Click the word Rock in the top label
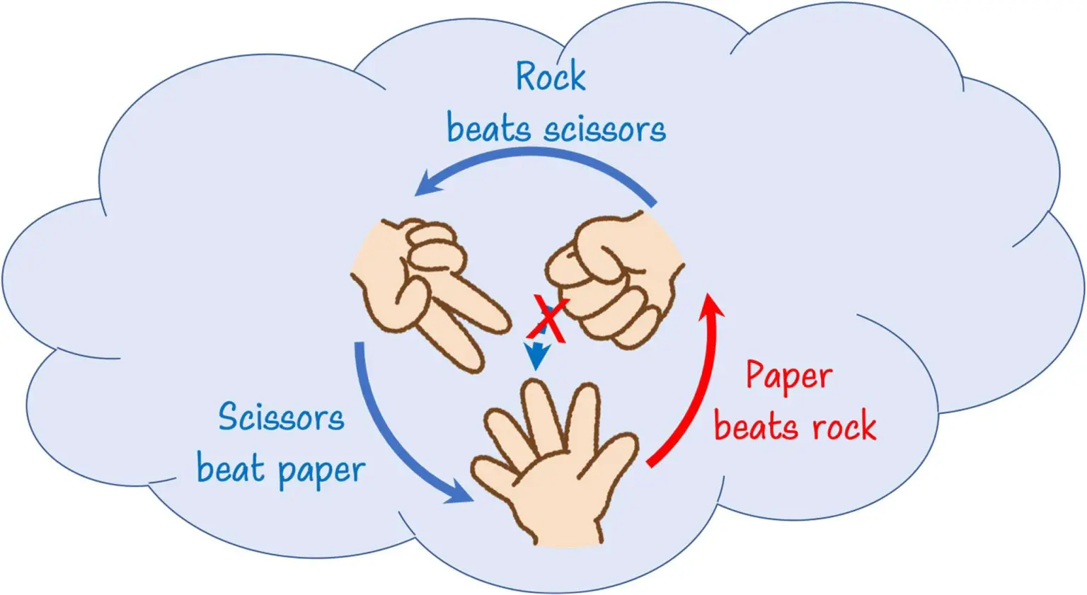coord(550,76)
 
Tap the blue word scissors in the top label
coord(605,130)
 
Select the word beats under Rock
coord(488,129)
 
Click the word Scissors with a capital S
coord(281,417)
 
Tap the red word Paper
coord(789,376)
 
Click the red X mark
coord(548,320)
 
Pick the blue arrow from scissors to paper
coord(396,439)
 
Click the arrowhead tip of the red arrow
coord(711,296)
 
